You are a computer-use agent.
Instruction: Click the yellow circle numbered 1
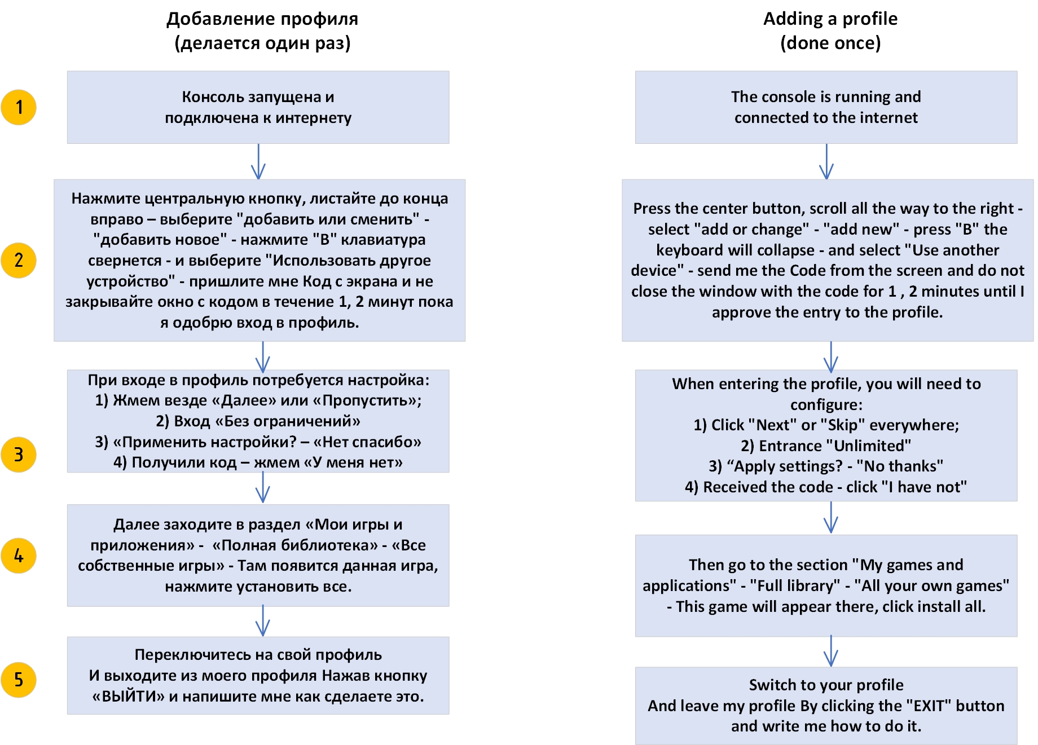pyautogui.click(x=19, y=107)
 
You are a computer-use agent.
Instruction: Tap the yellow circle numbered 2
pyautogui.click(x=19, y=261)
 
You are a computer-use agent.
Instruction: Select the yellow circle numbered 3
pyautogui.click(x=19, y=455)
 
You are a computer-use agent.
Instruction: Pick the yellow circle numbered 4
pyautogui.click(x=19, y=556)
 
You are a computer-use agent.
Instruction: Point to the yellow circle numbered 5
pyautogui.click(x=19, y=680)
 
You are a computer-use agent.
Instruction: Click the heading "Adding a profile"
pyautogui.click(x=830, y=19)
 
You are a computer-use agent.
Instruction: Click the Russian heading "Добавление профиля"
pyautogui.click(x=262, y=19)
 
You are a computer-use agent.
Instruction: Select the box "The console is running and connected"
pyautogui.click(x=826, y=107)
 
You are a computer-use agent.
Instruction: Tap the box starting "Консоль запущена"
pyautogui.click(x=258, y=107)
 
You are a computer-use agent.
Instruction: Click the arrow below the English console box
pyautogui.click(x=826, y=162)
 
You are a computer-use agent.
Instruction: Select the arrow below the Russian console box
pyautogui.click(x=258, y=162)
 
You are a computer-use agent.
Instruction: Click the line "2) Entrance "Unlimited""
pyautogui.click(x=826, y=446)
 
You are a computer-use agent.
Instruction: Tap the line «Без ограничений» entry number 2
pyautogui.click(x=258, y=421)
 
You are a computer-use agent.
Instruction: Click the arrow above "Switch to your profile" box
pyautogui.click(x=831, y=651)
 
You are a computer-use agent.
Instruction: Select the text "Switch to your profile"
pyautogui.click(x=826, y=685)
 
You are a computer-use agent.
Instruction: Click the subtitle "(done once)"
pyautogui.click(x=830, y=43)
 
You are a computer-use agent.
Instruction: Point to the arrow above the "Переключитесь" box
pyautogui.click(x=263, y=621)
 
